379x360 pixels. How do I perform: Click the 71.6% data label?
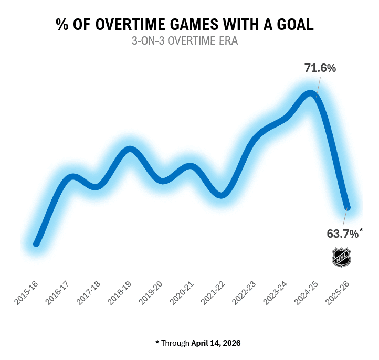(320, 68)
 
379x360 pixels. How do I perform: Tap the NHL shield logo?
(341, 257)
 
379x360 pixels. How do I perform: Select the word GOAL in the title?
(294, 25)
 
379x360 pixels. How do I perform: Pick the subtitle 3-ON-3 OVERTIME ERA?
(185, 41)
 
